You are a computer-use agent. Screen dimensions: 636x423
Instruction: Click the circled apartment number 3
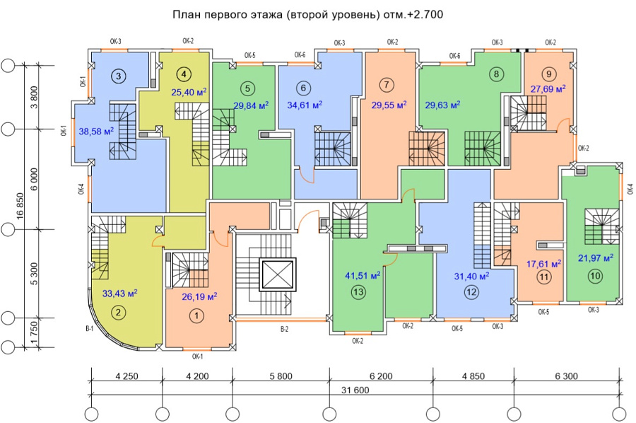pyautogui.click(x=119, y=76)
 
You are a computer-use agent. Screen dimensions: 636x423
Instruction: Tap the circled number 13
pyautogui.click(x=359, y=292)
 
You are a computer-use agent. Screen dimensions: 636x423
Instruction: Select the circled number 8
pyautogui.click(x=497, y=74)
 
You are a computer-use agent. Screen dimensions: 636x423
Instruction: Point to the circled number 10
pyautogui.click(x=595, y=277)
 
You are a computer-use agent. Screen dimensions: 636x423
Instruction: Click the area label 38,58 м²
pyautogui.click(x=96, y=131)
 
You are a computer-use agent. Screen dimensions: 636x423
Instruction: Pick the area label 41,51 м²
pyautogui.click(x=363, y=276)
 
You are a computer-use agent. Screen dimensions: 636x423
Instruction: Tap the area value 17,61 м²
pyautogui.click(x=544, y=264)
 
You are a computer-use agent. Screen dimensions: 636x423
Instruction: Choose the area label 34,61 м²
pyautogui.click(x=305, y=105)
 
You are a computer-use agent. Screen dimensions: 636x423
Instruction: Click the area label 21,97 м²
pyautogui.click(x=596, y=257)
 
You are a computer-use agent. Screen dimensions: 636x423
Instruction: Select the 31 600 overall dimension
pyautogui.click(x=355, y=390)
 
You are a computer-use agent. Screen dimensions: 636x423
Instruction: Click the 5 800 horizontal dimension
pyautogui.click(x=281, y=376)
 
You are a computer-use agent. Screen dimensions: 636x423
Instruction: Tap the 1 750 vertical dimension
pyautogui.click(x=34, y=333)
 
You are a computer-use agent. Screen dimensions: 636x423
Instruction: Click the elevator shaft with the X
pyautogui.click(x=278, y=275)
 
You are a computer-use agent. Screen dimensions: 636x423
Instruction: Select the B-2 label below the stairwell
pyautogui.click(x=284, y=329)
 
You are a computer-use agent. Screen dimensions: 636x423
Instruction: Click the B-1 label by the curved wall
pyautogui.click(x=89, y=329)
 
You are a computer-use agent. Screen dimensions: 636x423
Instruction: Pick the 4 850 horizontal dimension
pyautogui.click(x=473, y=376)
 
